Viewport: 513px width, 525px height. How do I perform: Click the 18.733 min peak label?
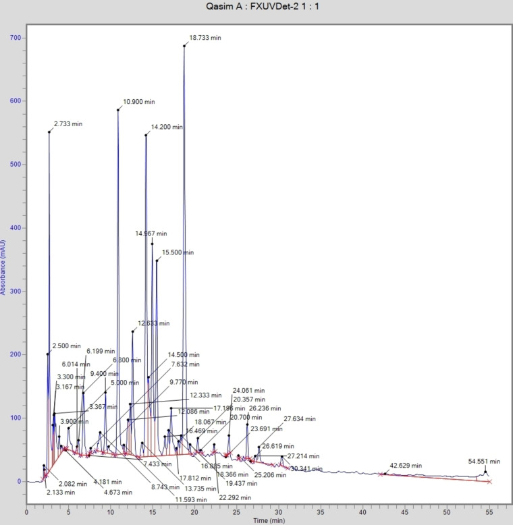click(205, 38)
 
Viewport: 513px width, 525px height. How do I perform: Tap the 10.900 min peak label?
click(138, 102)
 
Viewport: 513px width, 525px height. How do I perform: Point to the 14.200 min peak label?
click(167, 127)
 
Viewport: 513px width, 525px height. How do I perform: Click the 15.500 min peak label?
click(178, 252)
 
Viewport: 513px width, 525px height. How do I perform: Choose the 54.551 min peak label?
click(484, 462)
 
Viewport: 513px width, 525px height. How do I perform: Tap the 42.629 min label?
click(406, 466)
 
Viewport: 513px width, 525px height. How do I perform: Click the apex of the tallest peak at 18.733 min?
click(184, 46)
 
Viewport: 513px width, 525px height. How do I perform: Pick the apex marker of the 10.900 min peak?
click(117, 110)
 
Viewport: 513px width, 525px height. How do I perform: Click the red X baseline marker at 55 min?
click(489, 482)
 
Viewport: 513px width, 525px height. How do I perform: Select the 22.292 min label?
click(228, 498)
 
